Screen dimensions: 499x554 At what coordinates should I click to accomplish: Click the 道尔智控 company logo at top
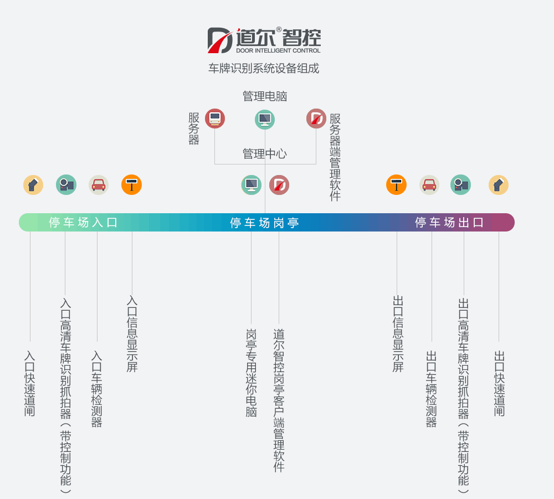(x=264, y=40)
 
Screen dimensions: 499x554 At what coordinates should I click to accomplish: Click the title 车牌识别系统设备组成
(x=264, y=69)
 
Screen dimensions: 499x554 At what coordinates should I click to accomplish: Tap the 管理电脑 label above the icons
(x=265, y=96)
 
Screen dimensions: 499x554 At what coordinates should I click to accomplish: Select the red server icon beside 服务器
(x=215, y=119)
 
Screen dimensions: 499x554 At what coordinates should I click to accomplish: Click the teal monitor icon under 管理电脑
(x=265, y=119)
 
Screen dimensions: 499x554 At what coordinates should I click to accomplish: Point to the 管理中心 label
(x=265, y=154)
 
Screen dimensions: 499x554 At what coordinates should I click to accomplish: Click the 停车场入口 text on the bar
(x=84, y=223)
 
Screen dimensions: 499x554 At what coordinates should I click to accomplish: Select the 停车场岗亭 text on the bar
(x=265, y=223)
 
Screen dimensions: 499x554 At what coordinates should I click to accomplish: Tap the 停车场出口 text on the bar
(x=449, y=223)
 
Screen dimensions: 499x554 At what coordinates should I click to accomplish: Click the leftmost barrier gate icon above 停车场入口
(x=33, y=185)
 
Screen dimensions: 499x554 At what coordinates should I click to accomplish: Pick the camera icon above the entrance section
(x=66, y=185)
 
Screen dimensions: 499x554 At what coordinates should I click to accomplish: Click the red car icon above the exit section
(x=429, y=185)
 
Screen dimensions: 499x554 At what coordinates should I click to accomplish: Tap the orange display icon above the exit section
(x=397, y=185)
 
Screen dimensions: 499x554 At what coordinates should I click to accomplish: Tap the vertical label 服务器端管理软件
(x=335, y=157)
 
